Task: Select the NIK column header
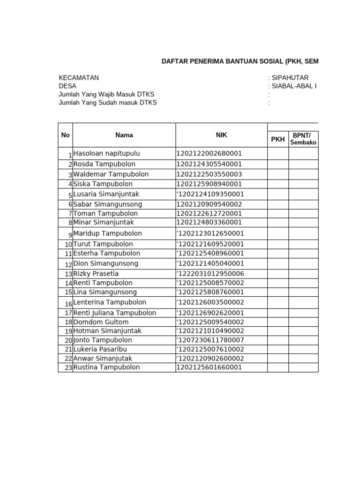tap(221, 135)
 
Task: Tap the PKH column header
tap(278, 139)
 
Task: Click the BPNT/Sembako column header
tap(303, 139)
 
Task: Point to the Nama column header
tap(124, 135)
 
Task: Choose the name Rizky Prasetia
tap(96, 274)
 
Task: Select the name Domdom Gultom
tap(101, 322)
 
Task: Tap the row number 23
tap(68, 368)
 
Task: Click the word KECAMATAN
tap(79, 78)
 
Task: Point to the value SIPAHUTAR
tap(290, 78)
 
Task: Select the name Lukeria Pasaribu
tap(100, 349)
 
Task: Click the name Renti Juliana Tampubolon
tap(115, 313)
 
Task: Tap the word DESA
tap(67, 86)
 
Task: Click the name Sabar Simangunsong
tap(108, 204)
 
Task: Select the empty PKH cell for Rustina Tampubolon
tap(278, 367)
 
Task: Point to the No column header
tap(65, 135)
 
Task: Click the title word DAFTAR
tap(175, 61)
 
